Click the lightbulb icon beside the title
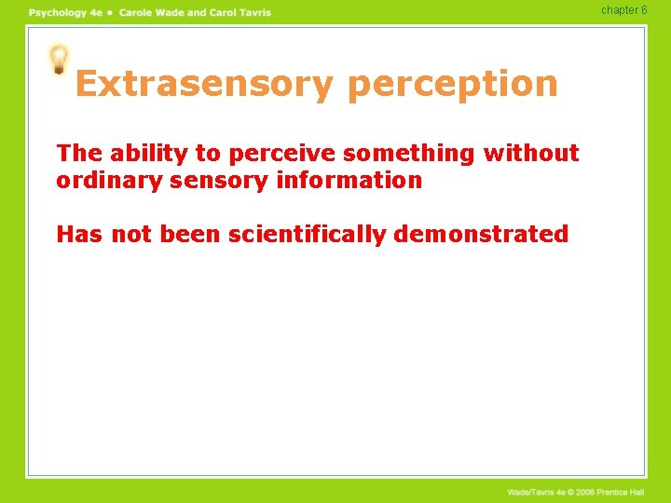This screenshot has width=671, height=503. coord(59,60)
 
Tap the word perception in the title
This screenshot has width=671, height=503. coord(452,84)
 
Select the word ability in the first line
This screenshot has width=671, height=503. coord(141,153)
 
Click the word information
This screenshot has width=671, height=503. coord(349,180)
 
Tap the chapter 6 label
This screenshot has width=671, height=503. coord(623,10)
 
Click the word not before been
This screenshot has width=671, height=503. coord(132,234)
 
